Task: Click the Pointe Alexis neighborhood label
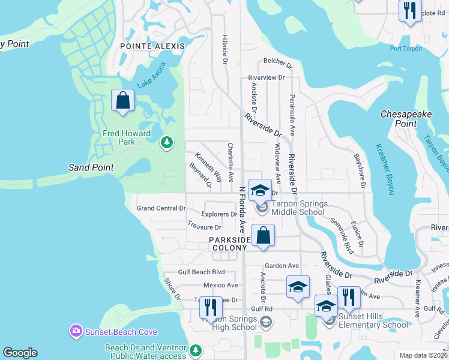(x=152, y=46)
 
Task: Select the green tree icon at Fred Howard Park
(x=167, y=143)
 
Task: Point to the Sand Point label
(x=91, y=167)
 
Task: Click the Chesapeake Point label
(x=406, y=119)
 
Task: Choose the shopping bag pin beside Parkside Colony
(x=263, y=235)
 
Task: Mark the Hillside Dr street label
(x=225, y=49)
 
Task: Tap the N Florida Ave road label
(x=243, y=208)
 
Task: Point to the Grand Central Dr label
(x=161, y=208)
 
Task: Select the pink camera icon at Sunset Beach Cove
(x=76, y=331)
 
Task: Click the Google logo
(x=20, y=353)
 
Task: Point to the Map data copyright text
(x=423, y=355)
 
